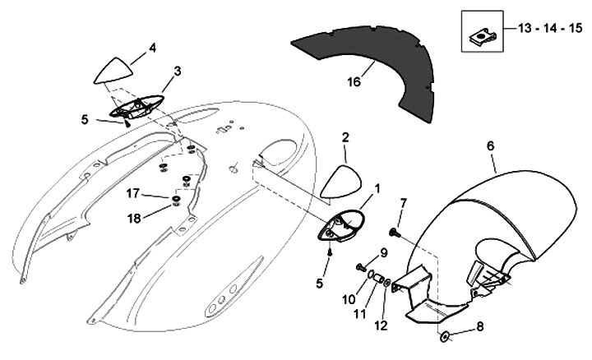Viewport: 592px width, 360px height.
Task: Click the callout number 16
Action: [354, 82]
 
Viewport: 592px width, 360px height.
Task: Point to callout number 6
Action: [491, 146]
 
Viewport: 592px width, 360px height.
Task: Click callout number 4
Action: [152, 48]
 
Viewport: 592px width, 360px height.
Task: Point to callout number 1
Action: [377, 188]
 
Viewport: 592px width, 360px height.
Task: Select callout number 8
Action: [480, 325]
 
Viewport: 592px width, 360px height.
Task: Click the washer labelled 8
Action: [445, 337]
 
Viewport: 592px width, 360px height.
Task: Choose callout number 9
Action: [383, 252]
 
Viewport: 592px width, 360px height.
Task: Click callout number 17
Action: [132, 195]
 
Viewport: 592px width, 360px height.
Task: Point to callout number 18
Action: [132, 217]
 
